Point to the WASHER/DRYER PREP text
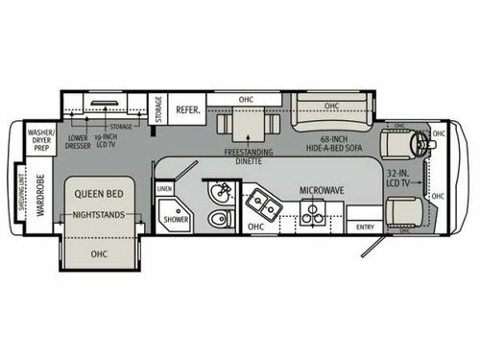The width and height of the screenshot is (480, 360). (39, 142)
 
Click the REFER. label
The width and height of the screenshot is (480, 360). (187, 110)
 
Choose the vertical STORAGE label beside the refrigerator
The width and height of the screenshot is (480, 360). (158, 112)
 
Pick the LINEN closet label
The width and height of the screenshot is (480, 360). (164, 190)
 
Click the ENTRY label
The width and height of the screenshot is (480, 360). (366, 227)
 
